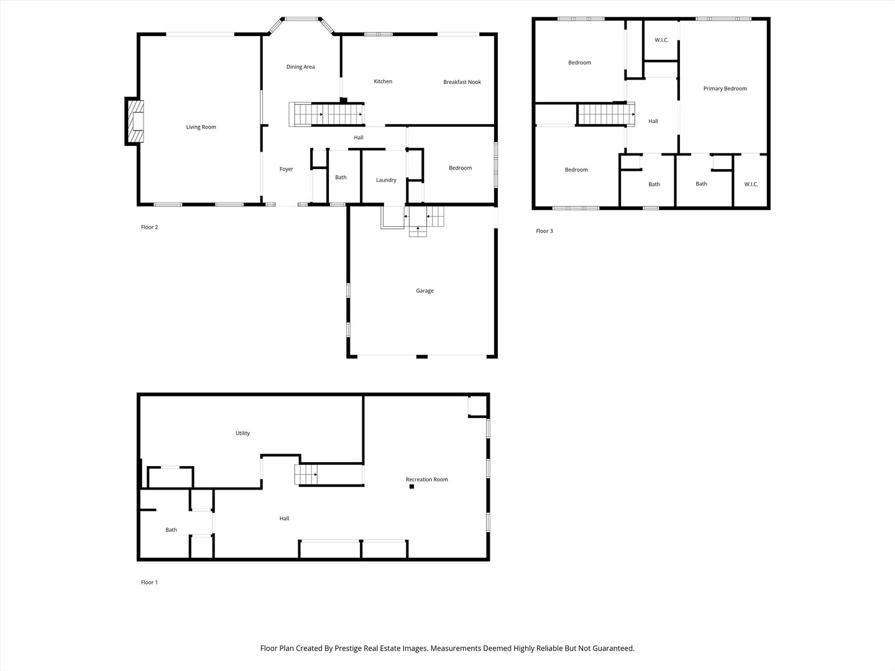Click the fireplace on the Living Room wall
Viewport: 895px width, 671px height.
pos(135,122)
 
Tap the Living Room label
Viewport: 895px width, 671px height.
pos(201,127)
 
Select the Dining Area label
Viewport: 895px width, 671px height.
pos(300,67)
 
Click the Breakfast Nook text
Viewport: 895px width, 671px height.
pos(462,82)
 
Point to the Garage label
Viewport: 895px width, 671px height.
pos(425,291)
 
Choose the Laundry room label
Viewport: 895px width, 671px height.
pos(386,180)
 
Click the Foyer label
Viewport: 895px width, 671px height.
pos(286,169)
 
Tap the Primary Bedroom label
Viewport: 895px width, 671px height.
pos(725,89)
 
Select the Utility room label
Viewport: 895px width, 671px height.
pos(242,434)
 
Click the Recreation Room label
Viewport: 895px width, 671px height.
pos(426,480)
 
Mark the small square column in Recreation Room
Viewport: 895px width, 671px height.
pos(411,486)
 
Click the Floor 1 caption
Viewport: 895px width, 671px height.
pos(149,583)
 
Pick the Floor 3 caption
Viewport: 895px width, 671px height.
pos(544,231)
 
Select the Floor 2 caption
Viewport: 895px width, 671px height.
pos(149,227)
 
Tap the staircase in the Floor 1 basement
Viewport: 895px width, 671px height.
pos(306,475)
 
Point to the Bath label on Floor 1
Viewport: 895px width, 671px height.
pos(171,530)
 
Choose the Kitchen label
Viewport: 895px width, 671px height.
pos(383,81)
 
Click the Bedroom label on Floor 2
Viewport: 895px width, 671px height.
pos(460,168)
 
